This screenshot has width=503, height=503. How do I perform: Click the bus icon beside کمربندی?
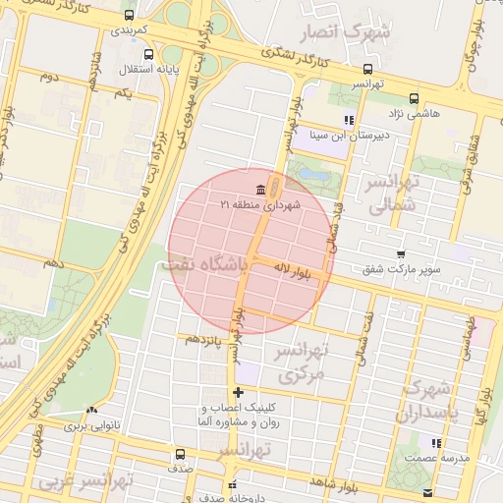coord(130,16)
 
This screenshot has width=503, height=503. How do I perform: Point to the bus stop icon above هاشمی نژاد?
coord(414,98)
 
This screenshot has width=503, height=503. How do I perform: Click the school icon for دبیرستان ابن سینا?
coord(348,120)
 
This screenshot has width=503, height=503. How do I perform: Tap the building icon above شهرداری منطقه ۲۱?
coord(260,190)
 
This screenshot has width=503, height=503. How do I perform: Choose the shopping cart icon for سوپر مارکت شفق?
coord(401,253)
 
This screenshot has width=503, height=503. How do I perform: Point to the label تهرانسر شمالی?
coord(393,194)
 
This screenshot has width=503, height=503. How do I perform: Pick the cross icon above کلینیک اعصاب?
coord(237,392)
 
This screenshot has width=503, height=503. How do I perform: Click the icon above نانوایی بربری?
coord(92,411)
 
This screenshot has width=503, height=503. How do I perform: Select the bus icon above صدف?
coord(179,455)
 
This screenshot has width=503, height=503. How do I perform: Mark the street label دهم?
coord(54,263)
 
